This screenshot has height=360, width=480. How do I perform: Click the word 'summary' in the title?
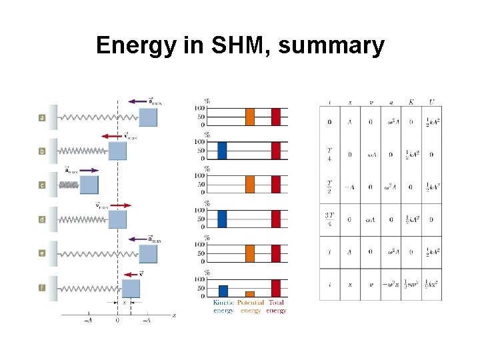[x=331, y=46]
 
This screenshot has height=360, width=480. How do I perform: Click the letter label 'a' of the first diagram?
[x=43, y=118]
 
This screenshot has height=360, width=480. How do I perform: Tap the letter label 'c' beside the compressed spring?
[x=43, y=185]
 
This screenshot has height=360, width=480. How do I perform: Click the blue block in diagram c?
[x=89, y=185]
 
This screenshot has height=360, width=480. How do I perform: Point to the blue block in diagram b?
[x=117, y=151]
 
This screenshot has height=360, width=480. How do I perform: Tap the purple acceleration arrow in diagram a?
[x=142, y=101]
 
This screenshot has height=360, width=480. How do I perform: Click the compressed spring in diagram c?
[x=69, y=185]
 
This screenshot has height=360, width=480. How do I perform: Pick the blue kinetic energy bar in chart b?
[x=222, y=151]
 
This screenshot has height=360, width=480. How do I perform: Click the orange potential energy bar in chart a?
[x=250, y=117]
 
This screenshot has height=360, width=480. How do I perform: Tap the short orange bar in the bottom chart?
[x=250, y=293]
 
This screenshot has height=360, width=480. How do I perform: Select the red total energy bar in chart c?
[x=276, y=184]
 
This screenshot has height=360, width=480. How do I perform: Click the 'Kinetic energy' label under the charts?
[x=223, y=307]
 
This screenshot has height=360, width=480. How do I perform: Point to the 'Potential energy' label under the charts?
[x=251, y=307]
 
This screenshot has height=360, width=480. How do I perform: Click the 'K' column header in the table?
[x=411, y=103]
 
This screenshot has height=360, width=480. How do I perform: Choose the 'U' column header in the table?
[x=431, y=103]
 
